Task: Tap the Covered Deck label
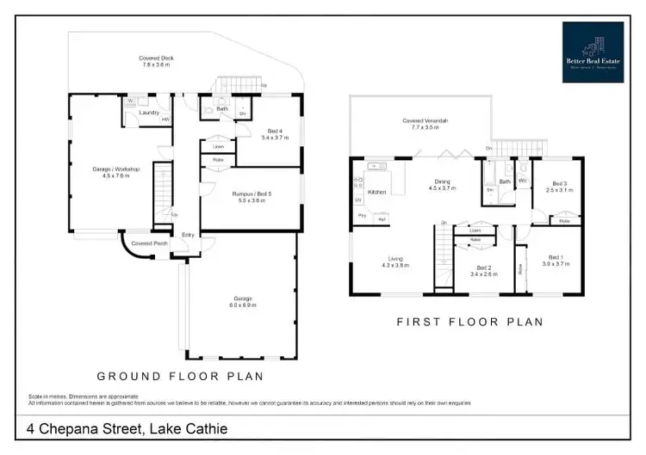156,58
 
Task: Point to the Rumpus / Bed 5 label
252,194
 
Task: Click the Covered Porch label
148,243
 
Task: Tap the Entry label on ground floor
187,236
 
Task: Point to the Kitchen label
377,192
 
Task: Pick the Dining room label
442,181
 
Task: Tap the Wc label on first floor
522,169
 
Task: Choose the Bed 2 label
483,267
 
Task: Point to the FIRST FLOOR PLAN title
469,323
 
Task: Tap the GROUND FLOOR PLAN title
179,376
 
